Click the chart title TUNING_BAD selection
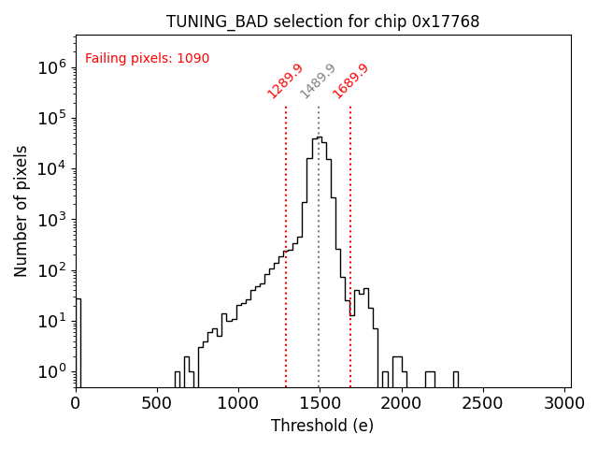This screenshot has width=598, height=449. (x=322, y=22)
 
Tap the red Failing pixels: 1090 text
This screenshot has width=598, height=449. (x=147, y=59)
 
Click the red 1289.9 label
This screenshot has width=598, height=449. (x=285, y=80)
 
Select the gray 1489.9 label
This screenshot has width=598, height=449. (x=318, y=80)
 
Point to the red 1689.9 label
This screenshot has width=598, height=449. (x=350, y=80)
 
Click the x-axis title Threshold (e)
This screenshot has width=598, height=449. (x=322, y=426)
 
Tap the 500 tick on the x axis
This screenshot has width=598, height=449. (x=157, y=403)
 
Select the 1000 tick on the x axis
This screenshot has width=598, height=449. (x=238, y=403)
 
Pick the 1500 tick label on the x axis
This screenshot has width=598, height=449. (x=320, y=403)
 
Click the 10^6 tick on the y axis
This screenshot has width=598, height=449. (x=50, y=67)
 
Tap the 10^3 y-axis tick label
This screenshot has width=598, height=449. (x=50, y=220)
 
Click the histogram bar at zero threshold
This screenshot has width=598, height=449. (x=78, y=341)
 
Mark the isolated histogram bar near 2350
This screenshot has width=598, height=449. (x=456, y=379)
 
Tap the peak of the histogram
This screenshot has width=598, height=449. (x=319, y=138)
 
